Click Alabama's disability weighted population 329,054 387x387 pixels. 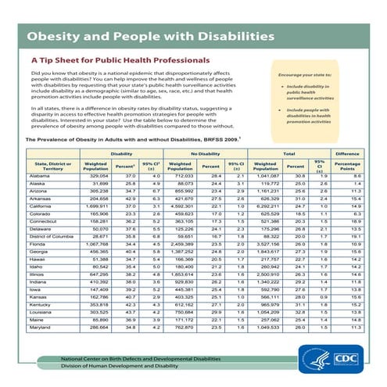pyautogui.click(x=95, y=177)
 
